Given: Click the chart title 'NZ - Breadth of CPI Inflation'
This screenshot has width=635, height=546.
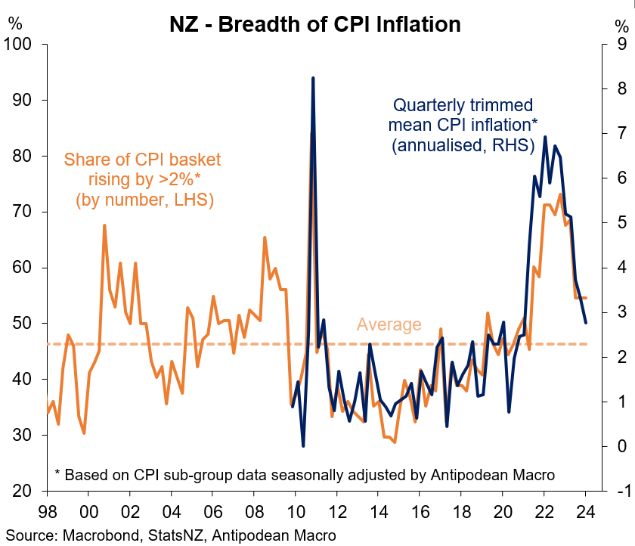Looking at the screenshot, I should point(314,23).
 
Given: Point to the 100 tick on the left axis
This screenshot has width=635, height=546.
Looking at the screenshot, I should point(20,44).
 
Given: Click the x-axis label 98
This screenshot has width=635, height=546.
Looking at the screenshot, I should point(47,510).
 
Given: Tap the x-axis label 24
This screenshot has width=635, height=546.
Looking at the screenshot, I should point(585,510).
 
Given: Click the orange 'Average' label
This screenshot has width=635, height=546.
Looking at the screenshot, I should point(389,324).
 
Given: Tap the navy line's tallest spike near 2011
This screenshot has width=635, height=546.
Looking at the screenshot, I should point(313,78).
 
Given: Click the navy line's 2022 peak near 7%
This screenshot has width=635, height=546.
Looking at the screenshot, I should point(545,138).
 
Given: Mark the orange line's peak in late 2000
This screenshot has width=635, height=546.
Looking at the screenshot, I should point(104,225).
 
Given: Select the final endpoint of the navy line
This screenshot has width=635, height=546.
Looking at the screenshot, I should point(586,323).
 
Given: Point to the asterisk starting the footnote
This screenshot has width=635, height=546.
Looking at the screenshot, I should point(57,474).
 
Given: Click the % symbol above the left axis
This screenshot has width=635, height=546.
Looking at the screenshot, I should point(14,22).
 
